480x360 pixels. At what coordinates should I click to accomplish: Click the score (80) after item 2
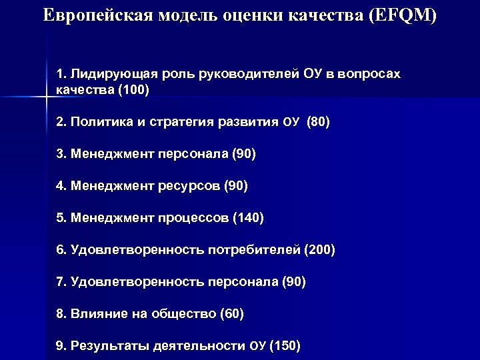(x=318, y=122)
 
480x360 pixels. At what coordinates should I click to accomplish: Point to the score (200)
(x=319, y=250)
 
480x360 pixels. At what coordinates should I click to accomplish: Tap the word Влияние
(x=97, y=313)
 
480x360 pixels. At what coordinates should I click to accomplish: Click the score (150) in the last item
(x=285, y=345)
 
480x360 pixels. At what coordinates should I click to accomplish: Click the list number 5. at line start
(x=61, y=217)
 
